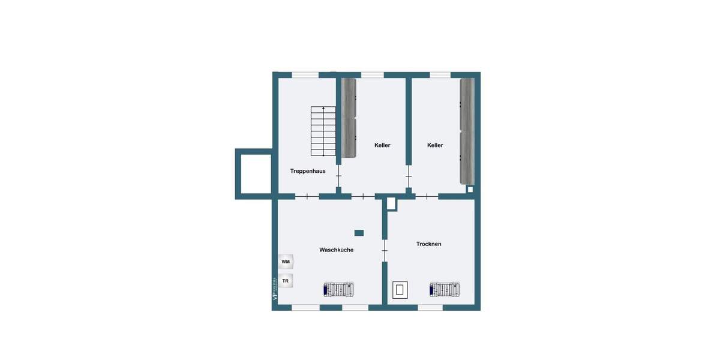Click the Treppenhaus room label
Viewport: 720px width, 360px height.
point(308,171)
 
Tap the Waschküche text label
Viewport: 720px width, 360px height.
point(336,250)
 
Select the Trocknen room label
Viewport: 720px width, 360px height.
point(429,244)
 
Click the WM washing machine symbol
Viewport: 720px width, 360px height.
point(286,262)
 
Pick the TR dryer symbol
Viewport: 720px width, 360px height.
point(286,280)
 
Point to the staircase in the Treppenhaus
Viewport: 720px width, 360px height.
point(323,130)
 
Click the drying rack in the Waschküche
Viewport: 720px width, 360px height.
point(339,290)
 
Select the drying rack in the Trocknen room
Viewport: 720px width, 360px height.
point(445,290)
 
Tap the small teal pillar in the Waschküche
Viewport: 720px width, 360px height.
point(359,233)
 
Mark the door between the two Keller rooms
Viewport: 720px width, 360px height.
point(409,176)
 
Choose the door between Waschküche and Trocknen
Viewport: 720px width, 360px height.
point(385,250)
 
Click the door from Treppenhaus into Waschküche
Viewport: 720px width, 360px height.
point(307,196)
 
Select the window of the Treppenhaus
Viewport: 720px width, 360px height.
point(305,75)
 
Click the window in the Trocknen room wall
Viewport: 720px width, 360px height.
point(430,307)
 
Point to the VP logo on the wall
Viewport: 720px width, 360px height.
point(275,289)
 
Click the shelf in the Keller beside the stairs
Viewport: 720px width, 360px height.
point(349,118)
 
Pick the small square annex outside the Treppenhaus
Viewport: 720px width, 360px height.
point(253,174)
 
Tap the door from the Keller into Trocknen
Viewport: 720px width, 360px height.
point(426,196)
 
